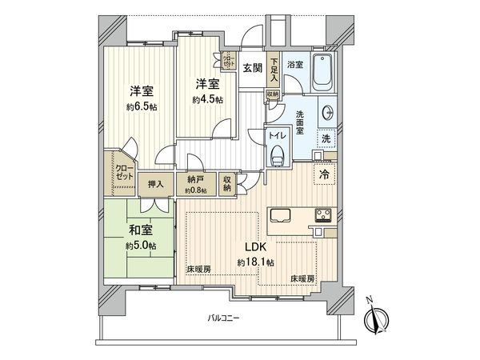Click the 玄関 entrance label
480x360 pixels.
[x=253, y=68]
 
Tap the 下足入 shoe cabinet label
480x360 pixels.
[x=274, y=70]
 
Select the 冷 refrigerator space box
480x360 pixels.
[x=325, y=172]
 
